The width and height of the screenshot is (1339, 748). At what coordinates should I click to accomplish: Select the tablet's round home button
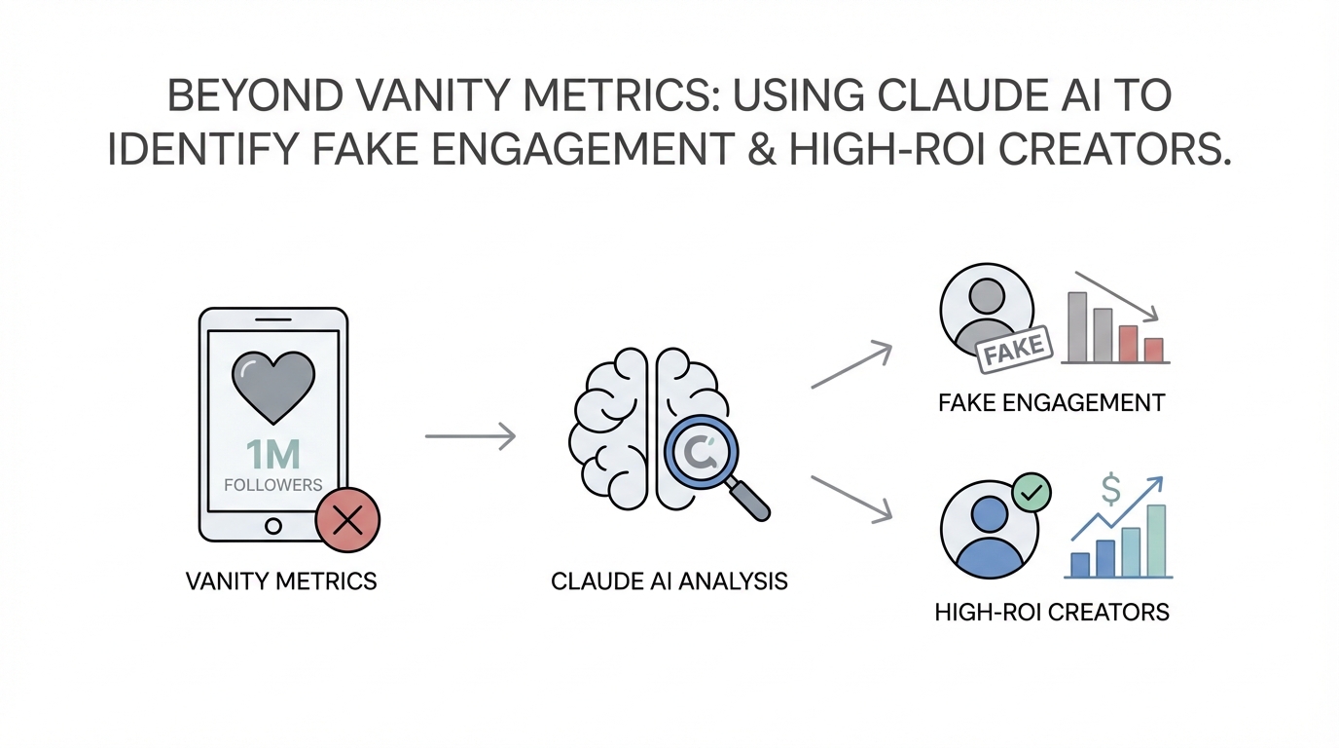273,527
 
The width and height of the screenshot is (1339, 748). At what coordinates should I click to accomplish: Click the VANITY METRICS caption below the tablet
280,582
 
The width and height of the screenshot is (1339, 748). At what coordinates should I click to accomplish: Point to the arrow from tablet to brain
470,436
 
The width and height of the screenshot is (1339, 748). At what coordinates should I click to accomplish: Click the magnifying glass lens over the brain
701,451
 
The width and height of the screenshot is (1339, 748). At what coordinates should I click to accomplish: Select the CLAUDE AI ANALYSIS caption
669,582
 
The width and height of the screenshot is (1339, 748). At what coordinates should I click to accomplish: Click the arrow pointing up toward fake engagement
851,365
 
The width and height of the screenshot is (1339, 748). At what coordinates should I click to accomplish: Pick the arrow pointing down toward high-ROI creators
851,496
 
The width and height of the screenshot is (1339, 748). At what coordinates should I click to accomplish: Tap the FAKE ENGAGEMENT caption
1052,403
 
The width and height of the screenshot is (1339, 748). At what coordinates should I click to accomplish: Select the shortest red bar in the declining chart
1154,350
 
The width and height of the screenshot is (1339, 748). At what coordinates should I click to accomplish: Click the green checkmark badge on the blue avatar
1031,493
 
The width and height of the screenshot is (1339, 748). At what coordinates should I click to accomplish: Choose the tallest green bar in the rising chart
1156,541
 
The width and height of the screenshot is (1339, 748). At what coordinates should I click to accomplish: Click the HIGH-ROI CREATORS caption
1052,613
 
